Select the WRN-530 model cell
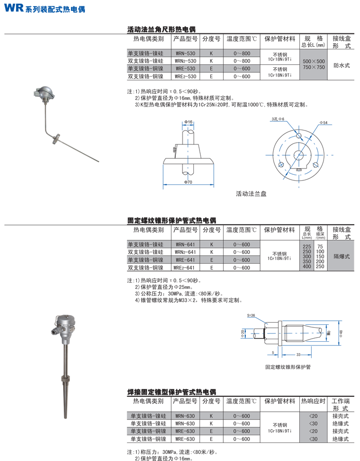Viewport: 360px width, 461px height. pos(185,54)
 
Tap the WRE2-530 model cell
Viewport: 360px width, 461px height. pos(185,76)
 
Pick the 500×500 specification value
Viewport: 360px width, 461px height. pos(314,61)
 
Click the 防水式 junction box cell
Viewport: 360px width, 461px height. pos(341,65)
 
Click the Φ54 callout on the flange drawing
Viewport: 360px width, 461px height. pos(323,123)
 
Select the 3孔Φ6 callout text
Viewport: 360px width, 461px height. pos(278,120)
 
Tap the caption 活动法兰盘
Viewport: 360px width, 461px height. pos(251,194)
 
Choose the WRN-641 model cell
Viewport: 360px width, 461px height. pos(185,245)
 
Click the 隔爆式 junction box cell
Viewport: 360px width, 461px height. pos(341,256)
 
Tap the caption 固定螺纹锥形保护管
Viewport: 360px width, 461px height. pos(288,367)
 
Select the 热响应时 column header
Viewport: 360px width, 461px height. pos(313,401)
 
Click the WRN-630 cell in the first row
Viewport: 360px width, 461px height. pos(185,416)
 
